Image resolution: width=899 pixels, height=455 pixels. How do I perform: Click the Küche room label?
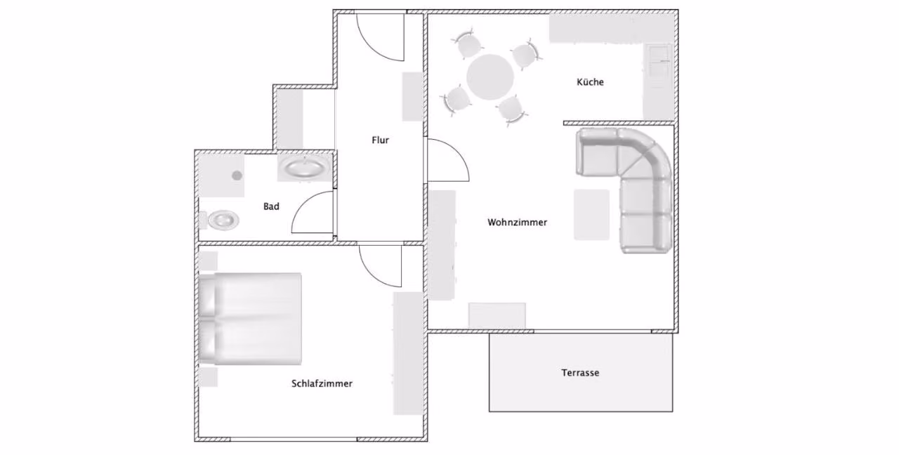click(x=590, y=82)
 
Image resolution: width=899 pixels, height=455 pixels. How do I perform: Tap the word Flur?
click(x=380, y=140)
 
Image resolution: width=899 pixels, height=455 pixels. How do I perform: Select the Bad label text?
click(x=271, y=206)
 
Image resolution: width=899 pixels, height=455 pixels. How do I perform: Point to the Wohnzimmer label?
click(x=517, y=223)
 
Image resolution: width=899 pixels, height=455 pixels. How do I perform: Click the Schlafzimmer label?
click(x=322, y=383)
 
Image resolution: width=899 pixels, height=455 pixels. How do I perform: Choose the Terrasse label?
click(x=580, y=373)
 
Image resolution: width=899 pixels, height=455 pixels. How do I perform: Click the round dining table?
click(x=490, y=77)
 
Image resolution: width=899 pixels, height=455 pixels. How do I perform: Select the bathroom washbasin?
click(x=304, y=168)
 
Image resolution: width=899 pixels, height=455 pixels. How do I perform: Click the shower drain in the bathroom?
click(x=237, y=176)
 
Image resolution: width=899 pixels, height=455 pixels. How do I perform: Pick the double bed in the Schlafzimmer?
click(x=251, y=319)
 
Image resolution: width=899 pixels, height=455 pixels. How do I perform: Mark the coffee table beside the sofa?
click(x=591, y=215)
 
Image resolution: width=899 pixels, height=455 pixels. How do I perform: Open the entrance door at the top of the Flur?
click(x=380, y=37)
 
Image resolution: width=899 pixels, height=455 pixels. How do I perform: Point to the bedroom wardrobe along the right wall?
click(x=408, y=353)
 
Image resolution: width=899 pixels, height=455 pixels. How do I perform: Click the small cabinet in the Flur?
click(x=412, y=96)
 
